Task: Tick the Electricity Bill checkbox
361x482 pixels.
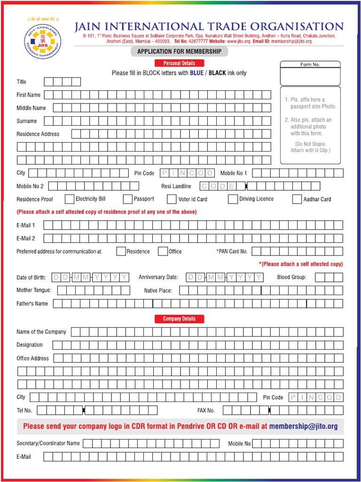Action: point(69,199)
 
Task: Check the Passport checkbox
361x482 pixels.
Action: point(127,199)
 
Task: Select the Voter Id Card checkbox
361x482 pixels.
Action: point(172,199)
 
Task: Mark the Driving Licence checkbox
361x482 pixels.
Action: point(233,199)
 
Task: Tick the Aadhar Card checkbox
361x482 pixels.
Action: point(297,199)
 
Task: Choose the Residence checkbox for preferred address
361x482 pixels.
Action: point(121,251)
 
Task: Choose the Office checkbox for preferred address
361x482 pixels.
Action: point(163,251)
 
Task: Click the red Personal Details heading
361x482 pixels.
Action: point(179,63)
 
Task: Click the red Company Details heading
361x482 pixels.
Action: point(179,319)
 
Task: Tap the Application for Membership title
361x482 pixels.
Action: point(179,51)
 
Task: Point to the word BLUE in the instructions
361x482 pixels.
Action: point(196,73)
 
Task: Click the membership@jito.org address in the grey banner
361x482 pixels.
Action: point(303,426)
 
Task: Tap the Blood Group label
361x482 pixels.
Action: point(291,277)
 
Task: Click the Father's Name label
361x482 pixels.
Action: point(32,304)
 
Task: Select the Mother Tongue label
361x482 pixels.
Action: point(33,290)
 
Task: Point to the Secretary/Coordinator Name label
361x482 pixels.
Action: point(48,443)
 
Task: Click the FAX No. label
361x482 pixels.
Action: point(206,410)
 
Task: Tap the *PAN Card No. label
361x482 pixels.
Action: point(232,251)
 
